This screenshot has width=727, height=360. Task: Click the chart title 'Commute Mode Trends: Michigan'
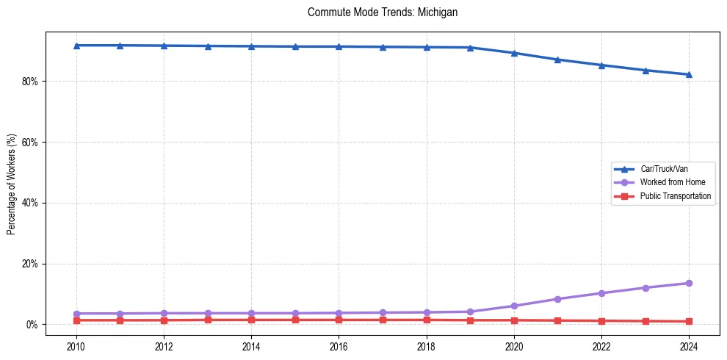(383, 12)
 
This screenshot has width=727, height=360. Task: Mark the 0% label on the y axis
(31, 325)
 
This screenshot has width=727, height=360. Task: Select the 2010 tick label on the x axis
(76, 347)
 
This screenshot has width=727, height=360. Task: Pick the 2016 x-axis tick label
(339, 347)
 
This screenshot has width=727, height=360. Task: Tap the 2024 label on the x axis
(689, 347)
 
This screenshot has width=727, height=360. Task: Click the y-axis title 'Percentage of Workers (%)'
(12, 184)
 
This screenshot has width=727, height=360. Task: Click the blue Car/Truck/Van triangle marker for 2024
(689, 74)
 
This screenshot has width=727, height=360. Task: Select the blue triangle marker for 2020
(514, 53)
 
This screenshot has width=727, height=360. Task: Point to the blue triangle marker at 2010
(76, 46)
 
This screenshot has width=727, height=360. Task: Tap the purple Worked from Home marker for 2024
(689, 283)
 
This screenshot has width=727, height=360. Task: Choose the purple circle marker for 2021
(557, 299)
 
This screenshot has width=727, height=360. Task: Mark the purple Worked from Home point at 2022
(601, 293)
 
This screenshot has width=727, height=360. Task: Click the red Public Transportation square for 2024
(689, 321)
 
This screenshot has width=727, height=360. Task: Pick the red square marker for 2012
(164, 320)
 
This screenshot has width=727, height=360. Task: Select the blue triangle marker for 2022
(601, 65)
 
